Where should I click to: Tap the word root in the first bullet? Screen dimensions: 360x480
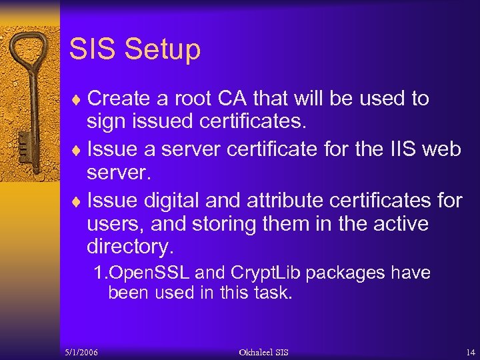click(197, 99)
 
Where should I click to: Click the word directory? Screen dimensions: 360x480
click(130, 247)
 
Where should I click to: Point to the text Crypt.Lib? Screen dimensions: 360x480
click(262, 273)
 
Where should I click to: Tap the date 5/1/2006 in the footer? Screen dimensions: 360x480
click(82, 352)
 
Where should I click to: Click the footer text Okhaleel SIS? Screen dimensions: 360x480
click(264, 352)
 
